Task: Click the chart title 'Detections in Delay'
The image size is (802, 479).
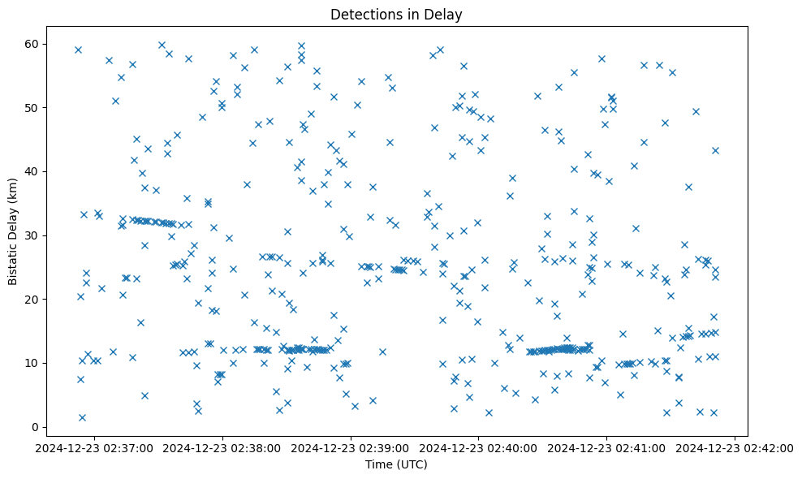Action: pos(397,14)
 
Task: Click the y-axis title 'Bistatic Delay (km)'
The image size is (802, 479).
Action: pos(13,231)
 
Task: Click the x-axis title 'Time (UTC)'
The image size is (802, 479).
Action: pos(397,464)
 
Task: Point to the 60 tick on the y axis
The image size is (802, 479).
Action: pos(32,43)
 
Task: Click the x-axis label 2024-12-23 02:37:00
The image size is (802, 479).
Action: pos(94,448)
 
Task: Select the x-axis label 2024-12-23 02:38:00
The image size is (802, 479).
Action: pos(222,448)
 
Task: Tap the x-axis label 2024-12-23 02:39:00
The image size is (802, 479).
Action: pos(351,448)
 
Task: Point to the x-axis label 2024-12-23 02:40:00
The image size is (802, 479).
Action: pos(479,448)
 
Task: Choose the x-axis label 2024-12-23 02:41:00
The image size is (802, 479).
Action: pos(607,448)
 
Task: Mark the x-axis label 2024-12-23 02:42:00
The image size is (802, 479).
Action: pos(735,448)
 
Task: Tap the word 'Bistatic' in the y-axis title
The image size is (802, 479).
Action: pos(13,259)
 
